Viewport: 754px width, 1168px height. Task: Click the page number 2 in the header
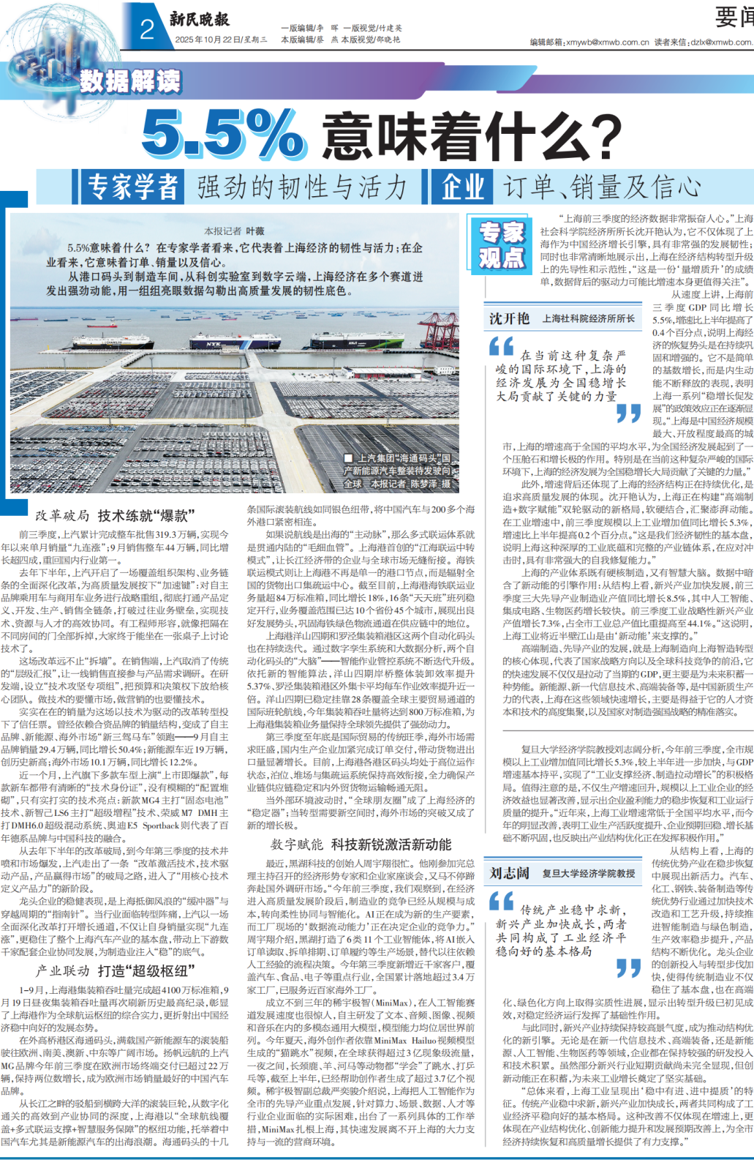(x=147, y=29)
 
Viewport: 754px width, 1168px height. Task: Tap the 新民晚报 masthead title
(x=199, y=19)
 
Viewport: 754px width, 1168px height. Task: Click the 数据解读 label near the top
(x=129, y=81)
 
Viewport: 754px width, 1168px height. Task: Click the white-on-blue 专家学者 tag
(x=132, y=187)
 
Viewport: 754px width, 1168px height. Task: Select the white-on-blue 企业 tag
(x=462, y=187)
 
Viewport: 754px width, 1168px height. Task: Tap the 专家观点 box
(x=501, y=244)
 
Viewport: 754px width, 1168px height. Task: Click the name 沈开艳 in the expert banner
(x=509, y=318)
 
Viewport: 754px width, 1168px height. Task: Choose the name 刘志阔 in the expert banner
(x=509, y=872)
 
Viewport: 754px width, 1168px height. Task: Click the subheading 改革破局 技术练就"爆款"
(x=116, y=515)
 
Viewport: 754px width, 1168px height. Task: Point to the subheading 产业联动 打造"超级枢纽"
(x=116, y=970)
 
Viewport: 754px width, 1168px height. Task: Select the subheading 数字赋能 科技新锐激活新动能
(x=361, y=845)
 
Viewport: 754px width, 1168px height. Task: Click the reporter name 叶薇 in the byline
(x=255, y=231)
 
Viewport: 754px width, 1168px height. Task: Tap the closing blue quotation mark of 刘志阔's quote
(x=628, y=968)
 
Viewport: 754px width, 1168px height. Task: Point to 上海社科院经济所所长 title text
(x=588, y=318)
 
